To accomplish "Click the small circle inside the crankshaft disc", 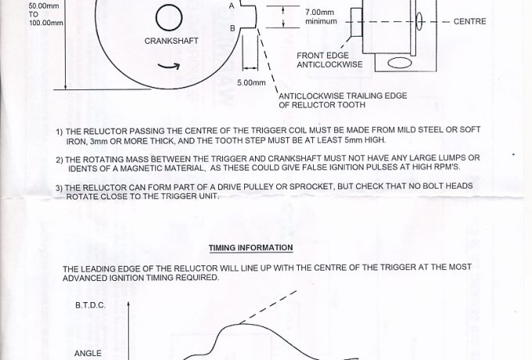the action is click(x=169, y=18).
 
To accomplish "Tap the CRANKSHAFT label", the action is click(x=171, y=41).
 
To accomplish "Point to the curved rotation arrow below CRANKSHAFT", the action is click(x=169, y=66).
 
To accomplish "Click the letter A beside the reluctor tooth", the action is click(x=232, y=6).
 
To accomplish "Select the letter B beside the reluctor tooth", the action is click(x=232, y=28).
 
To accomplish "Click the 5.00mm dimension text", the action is click(x=251, y=83).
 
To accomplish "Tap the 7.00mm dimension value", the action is click(x=320, y=13).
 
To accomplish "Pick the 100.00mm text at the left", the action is click(x=46, y=23).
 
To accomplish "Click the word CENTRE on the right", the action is click(x=469, y=21).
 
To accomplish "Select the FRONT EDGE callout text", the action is click(x=322, y=56).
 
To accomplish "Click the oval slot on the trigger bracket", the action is click(x=400, y=63).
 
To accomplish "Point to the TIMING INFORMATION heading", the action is click(x=250, y=248).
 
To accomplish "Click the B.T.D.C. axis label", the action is click(x=91, y=305).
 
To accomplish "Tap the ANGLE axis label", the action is click(x=88, y=354).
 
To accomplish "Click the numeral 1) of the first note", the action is click(x=59, y=132).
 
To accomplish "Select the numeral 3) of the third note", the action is click(x=59, y=189).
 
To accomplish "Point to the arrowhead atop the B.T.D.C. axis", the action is click(x=128, y=304).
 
